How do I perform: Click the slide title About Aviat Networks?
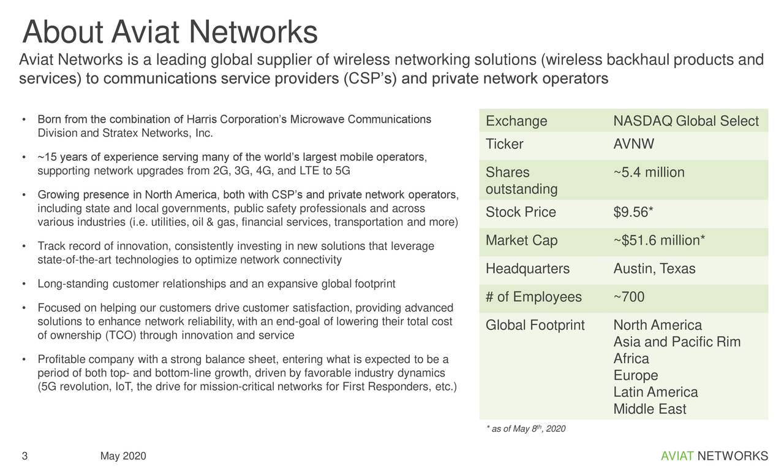point(169,32)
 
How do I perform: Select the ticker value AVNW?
point(634,145)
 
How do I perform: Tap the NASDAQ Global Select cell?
point(685,121)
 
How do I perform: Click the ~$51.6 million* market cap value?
point(658,241)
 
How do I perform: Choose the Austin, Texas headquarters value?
point(654,269)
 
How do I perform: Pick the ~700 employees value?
point(628,297)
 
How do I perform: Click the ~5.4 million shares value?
point(649,173)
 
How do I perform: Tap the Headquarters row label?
point(527,269)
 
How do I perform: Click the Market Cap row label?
point(521,241)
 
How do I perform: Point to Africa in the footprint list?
point(631,359)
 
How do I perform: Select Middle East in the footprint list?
point(649,409)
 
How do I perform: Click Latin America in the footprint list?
point(655,392)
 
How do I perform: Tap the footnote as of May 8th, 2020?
point(526,429)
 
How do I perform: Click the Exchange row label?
point(516,121)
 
